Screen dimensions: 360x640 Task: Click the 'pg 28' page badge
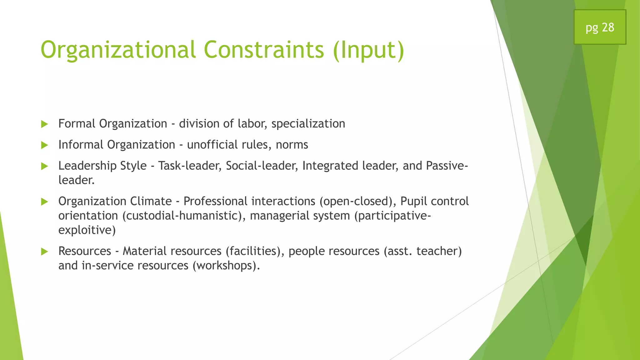click(x=600, y=27)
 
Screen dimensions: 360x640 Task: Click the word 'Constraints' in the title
click(x=264, y=50)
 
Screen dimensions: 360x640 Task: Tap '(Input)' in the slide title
click(x=368, y=51)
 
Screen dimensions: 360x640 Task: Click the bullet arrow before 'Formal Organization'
click(x=44, y=124)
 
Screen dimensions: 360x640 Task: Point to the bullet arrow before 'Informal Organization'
click(x=44, y=145)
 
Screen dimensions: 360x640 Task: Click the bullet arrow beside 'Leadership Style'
click(x=44, y=166)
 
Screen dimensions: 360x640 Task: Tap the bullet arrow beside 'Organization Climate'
click(x=44, y=202)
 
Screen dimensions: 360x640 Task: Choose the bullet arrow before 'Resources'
click(x=44, y=252)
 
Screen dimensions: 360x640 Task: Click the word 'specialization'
click(x=308, y=124)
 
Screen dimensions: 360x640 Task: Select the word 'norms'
click(x=292, y=145)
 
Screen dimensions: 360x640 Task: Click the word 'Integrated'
click(x=330, y=166)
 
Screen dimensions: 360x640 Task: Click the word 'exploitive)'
click(x=87, y=230)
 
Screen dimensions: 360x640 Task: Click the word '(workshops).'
click(x=226, y=266)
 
